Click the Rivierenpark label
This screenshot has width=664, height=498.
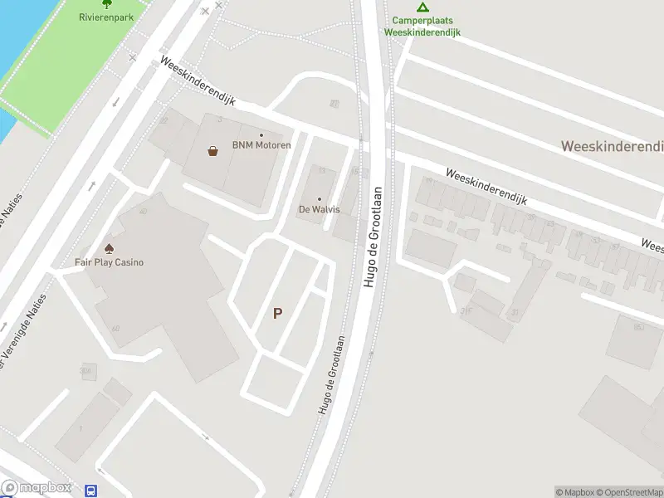(105, 17)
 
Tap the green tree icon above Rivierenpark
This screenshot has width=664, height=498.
(106, 3)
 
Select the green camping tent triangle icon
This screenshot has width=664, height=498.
(422, 7)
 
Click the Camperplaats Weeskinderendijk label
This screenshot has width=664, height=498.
(422, 27)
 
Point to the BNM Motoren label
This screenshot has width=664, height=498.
(261, 145)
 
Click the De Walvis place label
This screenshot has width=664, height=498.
(320, 209)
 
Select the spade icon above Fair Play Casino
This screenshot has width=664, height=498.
(109, 248)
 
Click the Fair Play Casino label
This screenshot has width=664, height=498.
(110, 262)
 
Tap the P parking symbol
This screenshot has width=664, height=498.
(278, 313)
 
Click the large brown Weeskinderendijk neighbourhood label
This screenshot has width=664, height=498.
(613, 146)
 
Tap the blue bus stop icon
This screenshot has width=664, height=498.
(91, 491)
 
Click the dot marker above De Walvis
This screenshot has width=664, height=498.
(320, 198)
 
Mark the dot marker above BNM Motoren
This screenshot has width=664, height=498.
(261, 135)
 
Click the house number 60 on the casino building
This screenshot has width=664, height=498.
(115, 329)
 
